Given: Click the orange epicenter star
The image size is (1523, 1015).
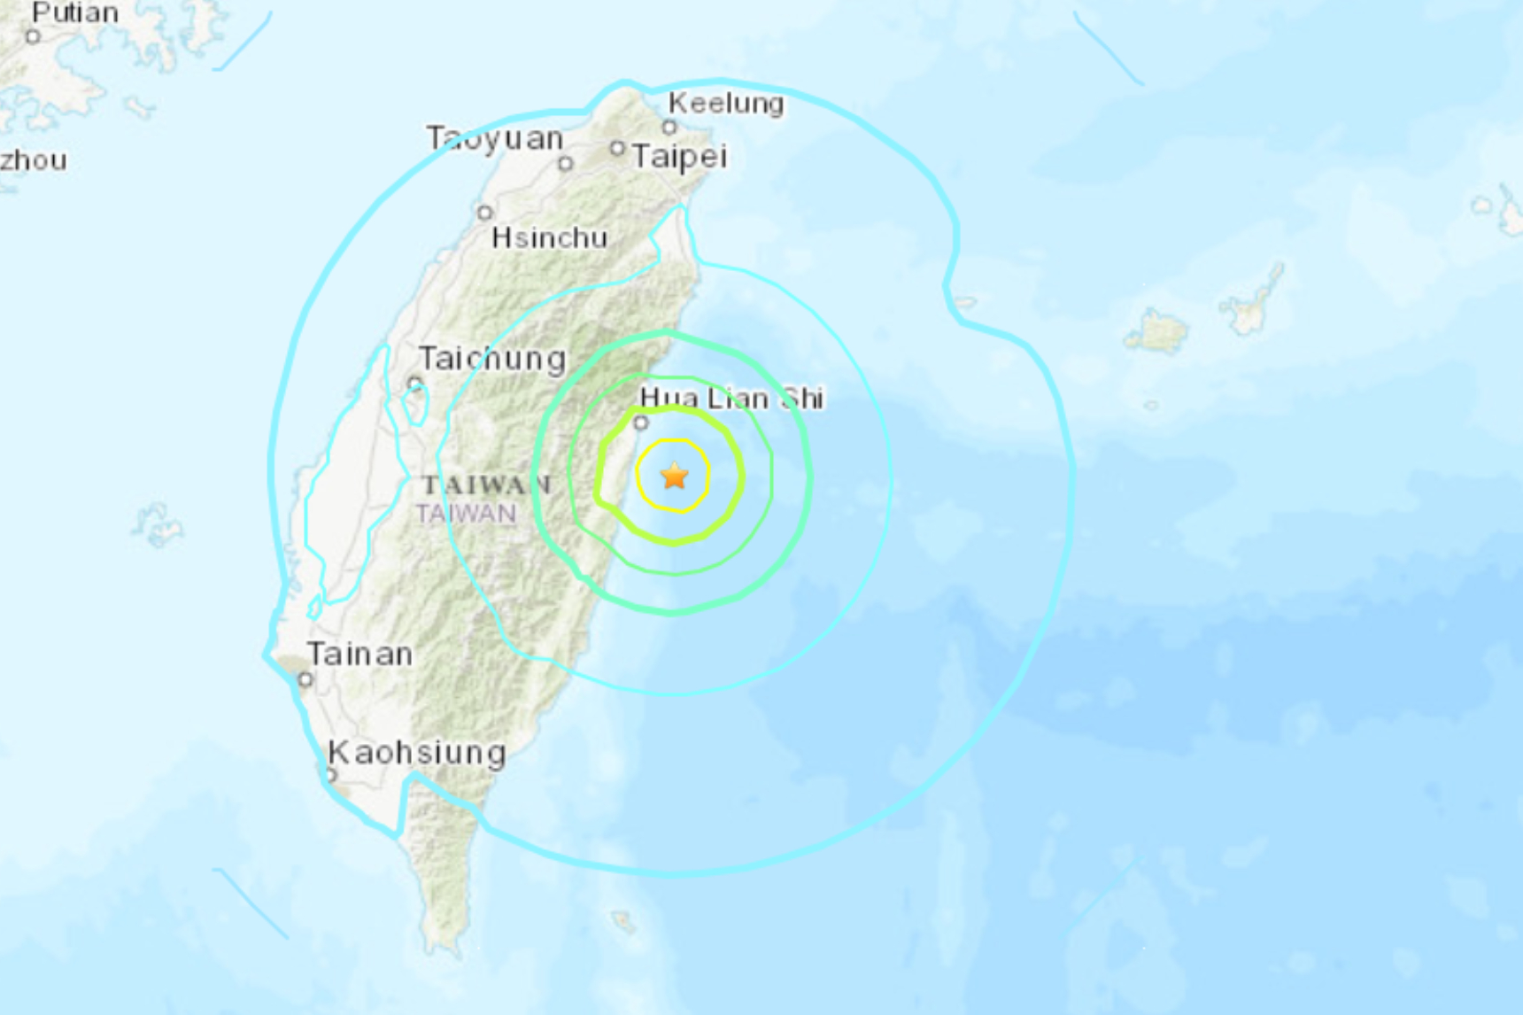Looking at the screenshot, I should tap(675, 477).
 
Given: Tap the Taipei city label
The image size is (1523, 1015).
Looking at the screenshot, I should tap(679, 157).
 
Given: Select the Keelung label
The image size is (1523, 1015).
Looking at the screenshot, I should tap(726, 104).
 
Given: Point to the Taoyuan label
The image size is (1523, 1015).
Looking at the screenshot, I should tap(494, 138).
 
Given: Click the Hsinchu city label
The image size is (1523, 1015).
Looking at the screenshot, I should tap(550, 237).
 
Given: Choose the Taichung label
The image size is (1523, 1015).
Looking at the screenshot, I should tap(492, 359).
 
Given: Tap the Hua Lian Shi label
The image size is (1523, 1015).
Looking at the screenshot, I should tap(731, 399).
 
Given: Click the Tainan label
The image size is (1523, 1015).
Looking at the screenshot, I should tap(360, 655).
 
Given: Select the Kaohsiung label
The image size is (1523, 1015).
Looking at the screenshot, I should tap(417, 753).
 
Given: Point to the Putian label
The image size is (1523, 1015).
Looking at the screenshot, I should tap(75, 12).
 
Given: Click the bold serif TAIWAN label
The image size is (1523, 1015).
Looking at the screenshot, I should tap(486, 484).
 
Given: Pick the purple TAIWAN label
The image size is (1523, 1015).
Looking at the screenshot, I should tap(467, 514).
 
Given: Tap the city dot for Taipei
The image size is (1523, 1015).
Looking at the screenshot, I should tap(617, 149).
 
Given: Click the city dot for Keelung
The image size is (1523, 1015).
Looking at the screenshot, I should tap(670, 127).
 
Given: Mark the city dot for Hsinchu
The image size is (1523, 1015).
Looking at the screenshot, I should tap(484, 213).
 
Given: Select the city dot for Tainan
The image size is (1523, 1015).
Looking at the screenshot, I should tap(305, 679).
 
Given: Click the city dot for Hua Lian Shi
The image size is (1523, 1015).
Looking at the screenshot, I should tap(641, 423).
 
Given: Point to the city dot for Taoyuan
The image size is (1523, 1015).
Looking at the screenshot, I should tap(566, 163).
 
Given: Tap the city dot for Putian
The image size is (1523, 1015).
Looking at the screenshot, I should tap(34, 36).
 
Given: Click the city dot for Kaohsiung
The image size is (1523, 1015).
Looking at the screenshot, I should tap(332, 775).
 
